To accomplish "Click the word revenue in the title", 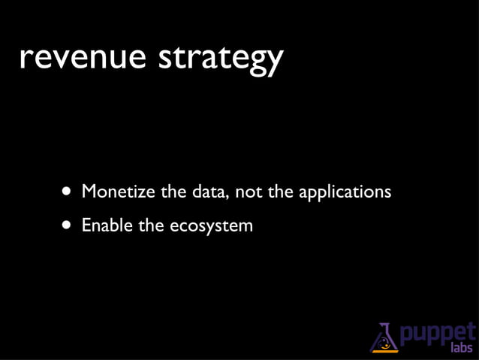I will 83,58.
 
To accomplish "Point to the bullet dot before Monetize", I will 68,192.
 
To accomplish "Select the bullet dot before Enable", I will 68,225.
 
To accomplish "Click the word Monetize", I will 118,192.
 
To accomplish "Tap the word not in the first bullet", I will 249,192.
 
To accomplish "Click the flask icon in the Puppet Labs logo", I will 384,337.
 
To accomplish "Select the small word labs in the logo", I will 461,348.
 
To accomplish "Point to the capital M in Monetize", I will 89,192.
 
